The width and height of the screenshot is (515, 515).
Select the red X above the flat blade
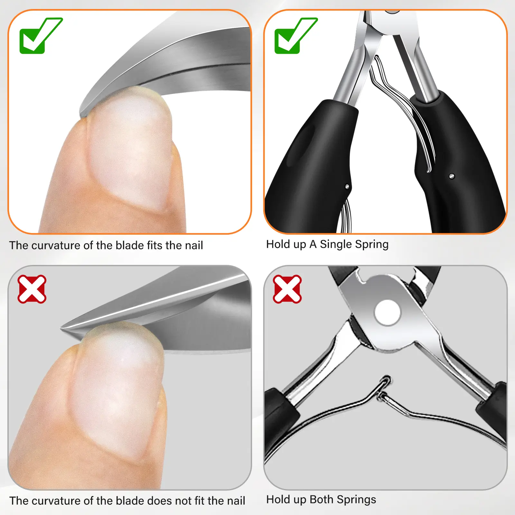[32, 289]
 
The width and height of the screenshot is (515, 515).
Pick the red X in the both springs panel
[287, 289]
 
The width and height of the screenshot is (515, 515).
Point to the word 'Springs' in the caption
[356, 500]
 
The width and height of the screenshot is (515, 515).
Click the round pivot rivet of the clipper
[388, 313]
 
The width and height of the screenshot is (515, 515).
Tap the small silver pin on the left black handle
[347, 186]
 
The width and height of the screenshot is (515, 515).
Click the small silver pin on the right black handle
[452, 176]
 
